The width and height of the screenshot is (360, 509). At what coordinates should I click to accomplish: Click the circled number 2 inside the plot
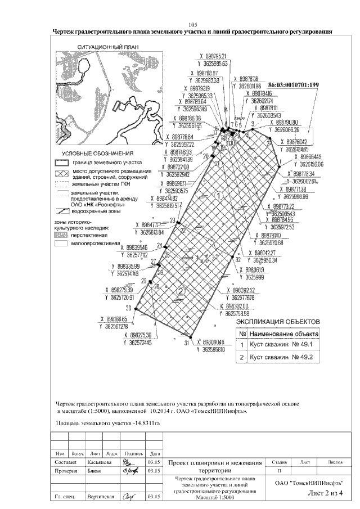coord(181,291)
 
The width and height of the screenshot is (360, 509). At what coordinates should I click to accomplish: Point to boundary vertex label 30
coord(129,308)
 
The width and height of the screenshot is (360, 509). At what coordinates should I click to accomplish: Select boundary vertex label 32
coord(238,260)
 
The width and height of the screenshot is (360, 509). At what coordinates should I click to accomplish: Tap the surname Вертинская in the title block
coord(101,497)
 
